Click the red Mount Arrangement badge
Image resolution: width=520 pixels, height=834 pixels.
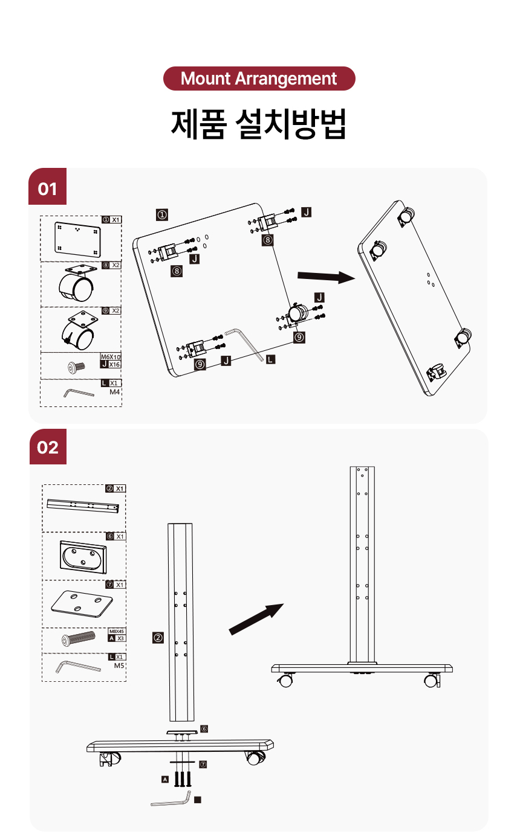[x=259, y=79]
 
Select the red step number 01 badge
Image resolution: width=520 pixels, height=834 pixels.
[x=48, y=189]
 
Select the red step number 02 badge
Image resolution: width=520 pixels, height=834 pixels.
[x=48, y=447]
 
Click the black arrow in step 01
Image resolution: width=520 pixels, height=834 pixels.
[x=325, y=277]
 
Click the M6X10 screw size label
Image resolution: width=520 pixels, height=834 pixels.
[x=111, y=357]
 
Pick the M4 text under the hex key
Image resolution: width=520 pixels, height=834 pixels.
[x=115, y=392]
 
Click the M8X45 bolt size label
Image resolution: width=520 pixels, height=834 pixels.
[x=117, y=630]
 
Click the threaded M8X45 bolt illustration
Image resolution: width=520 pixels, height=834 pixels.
[x=79, y=638]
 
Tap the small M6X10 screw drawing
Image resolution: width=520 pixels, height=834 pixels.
[x=76, y=365]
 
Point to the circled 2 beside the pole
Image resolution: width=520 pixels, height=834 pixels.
[x=158, y=638]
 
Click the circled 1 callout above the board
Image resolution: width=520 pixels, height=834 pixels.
[x=161, y=214]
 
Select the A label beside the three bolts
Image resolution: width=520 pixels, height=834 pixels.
[x=164, y=779]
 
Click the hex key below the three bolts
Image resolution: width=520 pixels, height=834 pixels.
[x=171, y=800]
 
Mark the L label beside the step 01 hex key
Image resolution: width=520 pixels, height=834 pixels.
[x=270, y=359]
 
